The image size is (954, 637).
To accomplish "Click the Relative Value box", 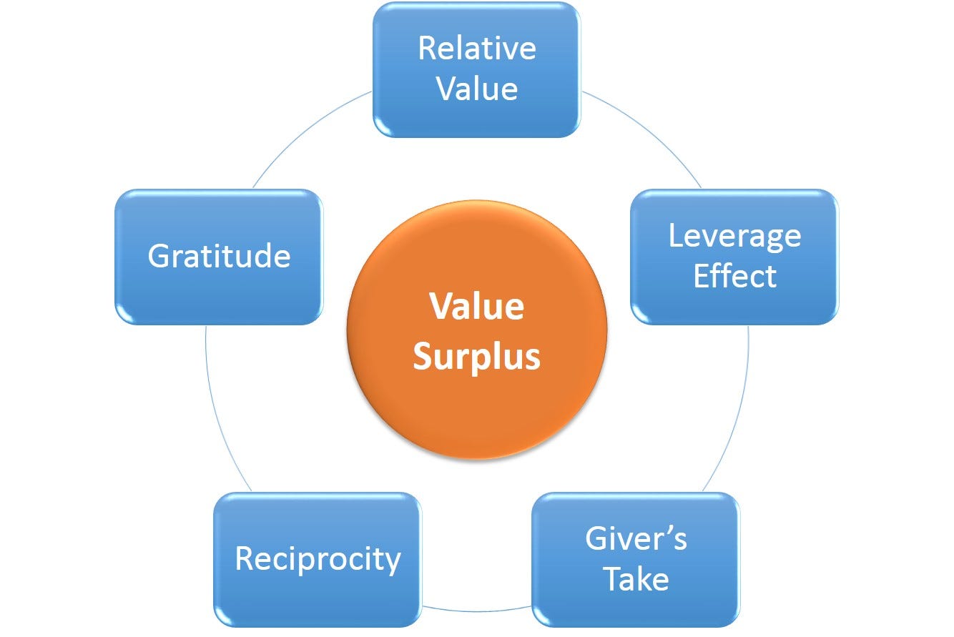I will (476, 69).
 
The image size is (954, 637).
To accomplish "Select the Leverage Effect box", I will (734, 257).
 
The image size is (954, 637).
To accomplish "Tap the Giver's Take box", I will (636, 559).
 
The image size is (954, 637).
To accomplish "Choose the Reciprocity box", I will (317, 559).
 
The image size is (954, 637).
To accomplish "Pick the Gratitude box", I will (219, 257).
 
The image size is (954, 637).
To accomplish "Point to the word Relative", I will (476, 49).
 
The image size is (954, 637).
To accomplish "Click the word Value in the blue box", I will (477, 89).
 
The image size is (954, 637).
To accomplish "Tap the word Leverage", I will (734, 236).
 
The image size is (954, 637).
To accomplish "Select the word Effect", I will (734, 277).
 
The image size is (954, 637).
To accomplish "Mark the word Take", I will (636, 579).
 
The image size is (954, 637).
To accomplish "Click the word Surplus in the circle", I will (477, 356).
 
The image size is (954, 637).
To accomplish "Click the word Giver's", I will (636, 539).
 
